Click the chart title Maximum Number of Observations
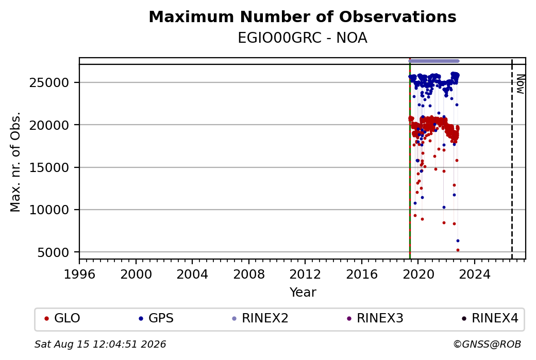coord(303,16)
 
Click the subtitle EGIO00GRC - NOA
coord(303,38)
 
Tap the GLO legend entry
coord(62,318)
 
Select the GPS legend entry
coord(156,318)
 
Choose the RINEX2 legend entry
coord(260,318)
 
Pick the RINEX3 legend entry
coord(375,318)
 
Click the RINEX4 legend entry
coord(490,318)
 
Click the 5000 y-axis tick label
coord(53,252)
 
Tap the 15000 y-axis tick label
coord(49,168)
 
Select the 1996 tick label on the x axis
coord(79,275)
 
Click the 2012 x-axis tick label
coord(305,275)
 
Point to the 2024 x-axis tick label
coord(475,275)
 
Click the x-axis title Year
coord(303,293)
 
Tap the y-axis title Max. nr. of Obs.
coord(15,162)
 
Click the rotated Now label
coord(520,84)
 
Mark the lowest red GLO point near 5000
coord(458,250)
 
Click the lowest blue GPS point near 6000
coord(458,241)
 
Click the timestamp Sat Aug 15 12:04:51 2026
coord(100,344)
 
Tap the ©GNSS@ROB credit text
coord(487,344)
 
